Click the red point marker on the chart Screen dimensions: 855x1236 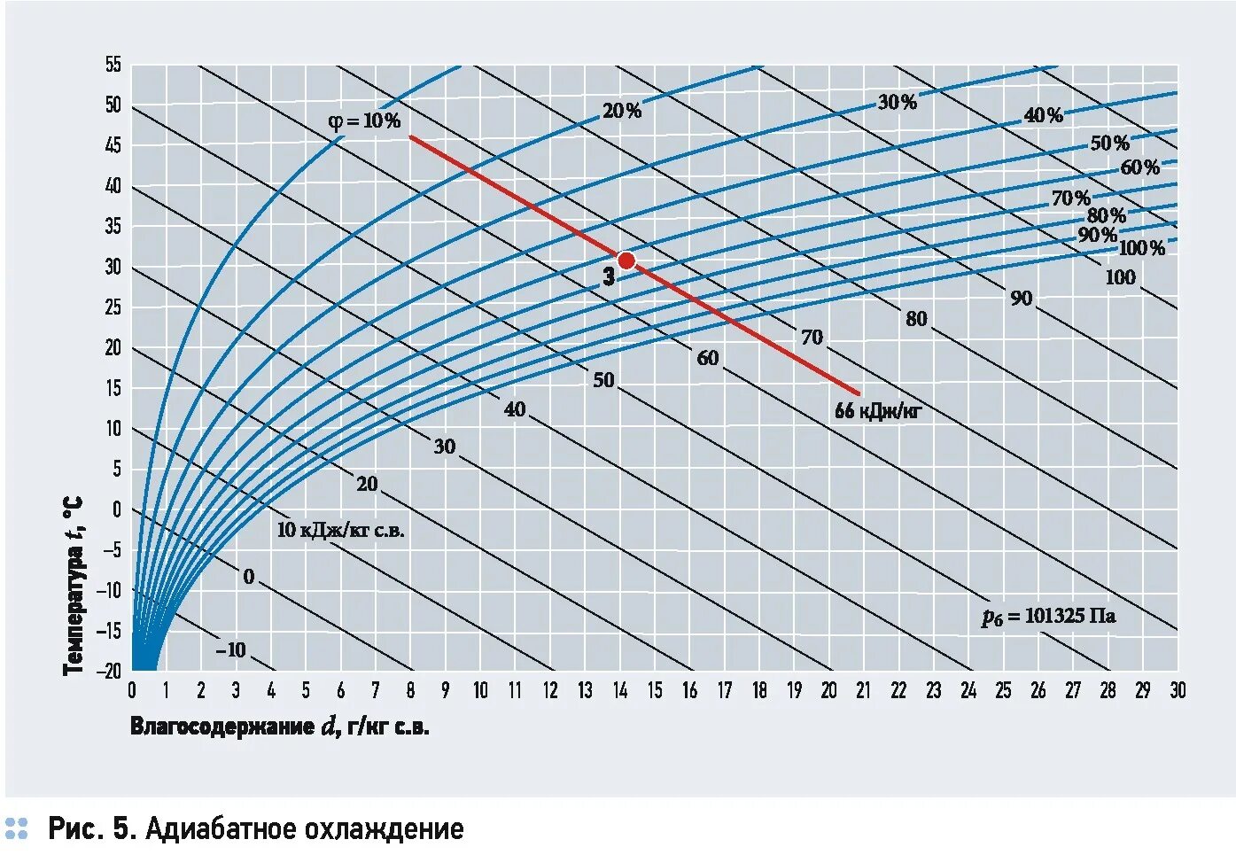pyautogui.click(x=626, y=260)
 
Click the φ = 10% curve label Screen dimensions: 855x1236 pyautogui.click(x=364, y=121)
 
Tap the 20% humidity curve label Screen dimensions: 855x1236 pyautogui.click(x=621, y=111)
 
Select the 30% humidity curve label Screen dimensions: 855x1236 pyautogui.click(x=897, y=102)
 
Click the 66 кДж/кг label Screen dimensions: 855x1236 pyautogui.click(x=878, y=411)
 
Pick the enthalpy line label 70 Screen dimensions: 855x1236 pyautogui.click(x=812, y=337)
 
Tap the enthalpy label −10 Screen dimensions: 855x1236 pyautogui.click(x=231, y=649)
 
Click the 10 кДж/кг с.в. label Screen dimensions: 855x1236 pyautogui.click(x=340, y=531)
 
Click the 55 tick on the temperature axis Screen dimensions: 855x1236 pyautogui.click(x=113, y=65)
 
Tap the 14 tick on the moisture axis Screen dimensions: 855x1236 pyautogui.click(x=620, y=691)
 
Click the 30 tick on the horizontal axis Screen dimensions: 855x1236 pyautogui.click(x=1177, y=691)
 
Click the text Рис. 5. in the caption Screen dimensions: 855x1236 pyautogui.click(x=90, y=829)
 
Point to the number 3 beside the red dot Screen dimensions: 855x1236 pyautogui.click(x=609, y=277)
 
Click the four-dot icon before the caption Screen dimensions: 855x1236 pyautogui.click(x=16, y=828)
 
